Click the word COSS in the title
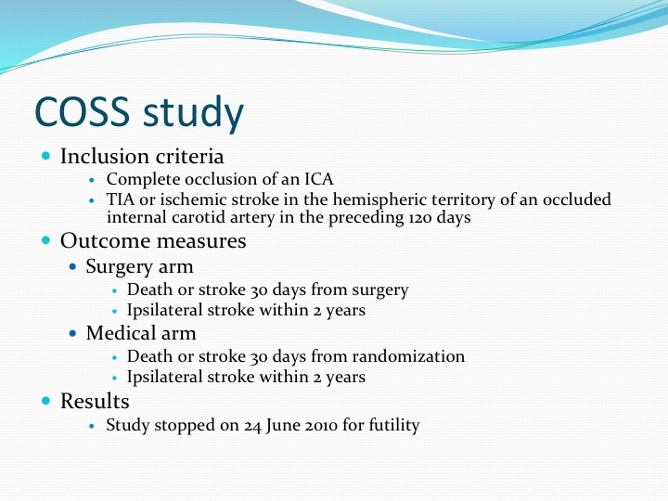(x=82, y=111)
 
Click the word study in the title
(x=193, y=113)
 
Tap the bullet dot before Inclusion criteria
(x=46, y=156)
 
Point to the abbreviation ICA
(x=318, y=179)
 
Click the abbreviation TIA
(x=120, y=199)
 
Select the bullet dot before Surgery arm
(x=73, y=266)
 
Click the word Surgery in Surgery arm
(x=120, y=267)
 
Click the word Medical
(x=120, y=333)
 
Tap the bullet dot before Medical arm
(x=73, y=333)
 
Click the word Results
(x=95, y=401)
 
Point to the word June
(x=281, y=426)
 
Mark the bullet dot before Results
(x=46, y=401)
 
